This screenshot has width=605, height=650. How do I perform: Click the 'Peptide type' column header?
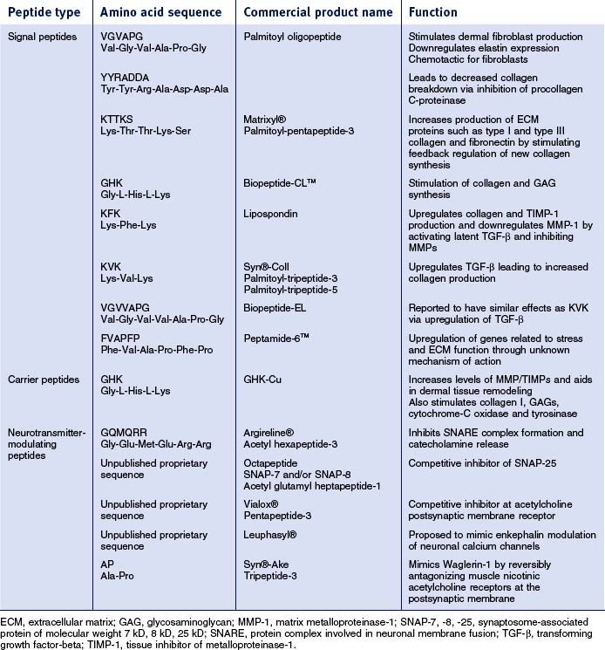point(44,14)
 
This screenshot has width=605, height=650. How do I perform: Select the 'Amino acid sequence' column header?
point(161,14)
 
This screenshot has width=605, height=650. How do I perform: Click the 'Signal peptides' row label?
point(42,37)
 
